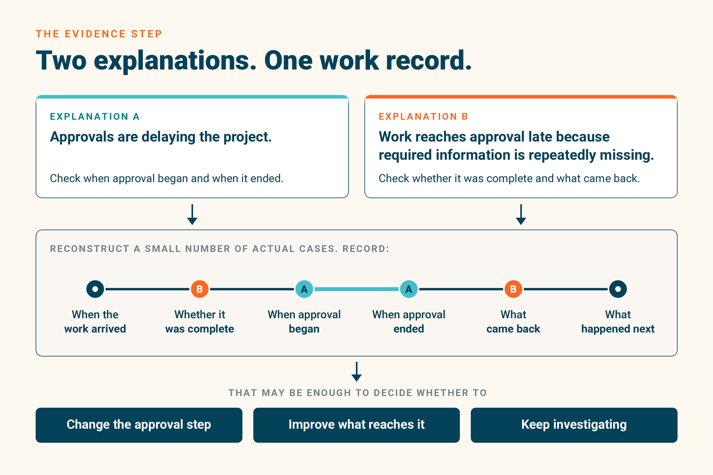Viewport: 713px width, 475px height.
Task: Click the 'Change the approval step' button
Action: point(139,425)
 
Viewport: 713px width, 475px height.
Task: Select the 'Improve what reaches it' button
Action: point(356,425)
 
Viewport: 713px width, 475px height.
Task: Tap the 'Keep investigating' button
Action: point(574,425)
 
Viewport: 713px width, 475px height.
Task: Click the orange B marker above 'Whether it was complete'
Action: point(200,289)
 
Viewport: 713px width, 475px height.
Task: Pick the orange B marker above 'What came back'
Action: point(513,289)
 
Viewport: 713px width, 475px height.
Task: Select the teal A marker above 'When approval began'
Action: point(304,289)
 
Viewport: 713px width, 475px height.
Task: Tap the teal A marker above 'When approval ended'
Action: point(409,289)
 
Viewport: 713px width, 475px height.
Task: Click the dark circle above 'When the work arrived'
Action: point(95,289)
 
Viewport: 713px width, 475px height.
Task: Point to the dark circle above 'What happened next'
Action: point(618,289)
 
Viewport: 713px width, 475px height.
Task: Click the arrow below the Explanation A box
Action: point(192,215)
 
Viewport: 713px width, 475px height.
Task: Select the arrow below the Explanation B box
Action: point(521,215)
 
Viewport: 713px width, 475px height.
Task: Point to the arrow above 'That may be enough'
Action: point(356,372)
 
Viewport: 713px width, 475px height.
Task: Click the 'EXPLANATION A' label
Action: point(95,116)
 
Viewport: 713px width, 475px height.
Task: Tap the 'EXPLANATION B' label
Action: point(423,116)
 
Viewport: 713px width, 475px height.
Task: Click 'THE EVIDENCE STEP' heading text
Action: point(99,34)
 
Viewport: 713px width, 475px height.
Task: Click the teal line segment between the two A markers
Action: point(356,289)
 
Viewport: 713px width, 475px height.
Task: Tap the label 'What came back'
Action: point(513,321)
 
